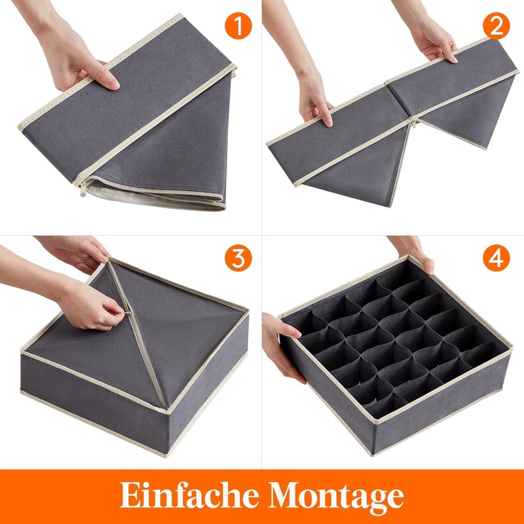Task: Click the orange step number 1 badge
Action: [x=238, y=26]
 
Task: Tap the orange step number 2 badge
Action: [x=496, y=26]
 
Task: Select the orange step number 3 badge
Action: [x=238, y=257]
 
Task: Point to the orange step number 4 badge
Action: [x=496, y=257]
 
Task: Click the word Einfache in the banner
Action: [x=189, y=495]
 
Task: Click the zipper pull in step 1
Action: [x=83, y=189]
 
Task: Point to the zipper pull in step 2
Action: [x=415, y=123]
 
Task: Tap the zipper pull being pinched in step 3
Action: [x=128, y=312]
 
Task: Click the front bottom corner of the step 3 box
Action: [x=167, y=455]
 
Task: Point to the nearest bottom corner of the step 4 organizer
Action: [x=372, y=455]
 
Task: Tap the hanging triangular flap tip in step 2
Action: [x=389, y=206]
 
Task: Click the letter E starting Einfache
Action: [x=128, y=495]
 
